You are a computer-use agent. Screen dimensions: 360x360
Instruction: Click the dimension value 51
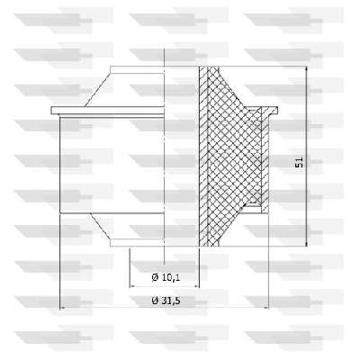click(299, 162)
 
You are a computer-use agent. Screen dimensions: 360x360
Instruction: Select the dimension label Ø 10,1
click(166, 277)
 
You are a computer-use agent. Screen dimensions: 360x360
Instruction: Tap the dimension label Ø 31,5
click(166, 301)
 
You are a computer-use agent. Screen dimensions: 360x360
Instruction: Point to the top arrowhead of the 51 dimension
click(306, 70)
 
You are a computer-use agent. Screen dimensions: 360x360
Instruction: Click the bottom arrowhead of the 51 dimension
click(306, 243)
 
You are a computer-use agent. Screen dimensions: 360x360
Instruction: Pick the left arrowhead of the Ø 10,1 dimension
click(133, 286)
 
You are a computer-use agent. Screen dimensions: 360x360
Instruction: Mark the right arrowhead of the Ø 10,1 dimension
click(195, 286)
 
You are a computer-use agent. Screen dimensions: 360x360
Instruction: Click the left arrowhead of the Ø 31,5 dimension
click(64, 308)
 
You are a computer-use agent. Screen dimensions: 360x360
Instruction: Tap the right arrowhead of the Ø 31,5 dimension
click(265, 308)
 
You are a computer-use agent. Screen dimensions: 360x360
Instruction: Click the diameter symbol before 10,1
click(155, 277)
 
